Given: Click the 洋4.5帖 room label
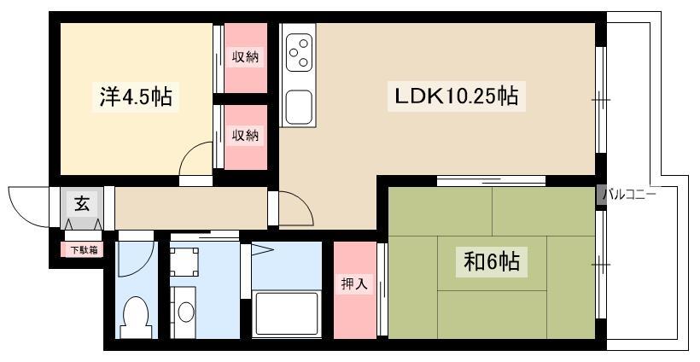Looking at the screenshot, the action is coord(136,96).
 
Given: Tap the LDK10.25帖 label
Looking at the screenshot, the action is coord(456,96).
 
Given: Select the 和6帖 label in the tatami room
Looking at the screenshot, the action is coord(492,261).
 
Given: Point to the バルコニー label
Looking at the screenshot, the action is coord(629,195).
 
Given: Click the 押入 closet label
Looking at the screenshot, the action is coord(354,283).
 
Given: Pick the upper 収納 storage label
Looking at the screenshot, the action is coord(245,56).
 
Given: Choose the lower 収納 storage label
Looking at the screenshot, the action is coord(245,134).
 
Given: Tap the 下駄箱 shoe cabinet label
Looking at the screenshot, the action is coord(84,250).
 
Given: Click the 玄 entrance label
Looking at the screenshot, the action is coord(82,204).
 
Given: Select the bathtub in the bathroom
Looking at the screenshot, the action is coord(286,314).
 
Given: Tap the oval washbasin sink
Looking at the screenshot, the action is coord(186,312).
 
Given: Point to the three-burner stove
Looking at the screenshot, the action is coord(299,52).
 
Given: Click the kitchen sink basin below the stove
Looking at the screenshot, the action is coord(298,107).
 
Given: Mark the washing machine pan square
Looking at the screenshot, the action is coord(184,262).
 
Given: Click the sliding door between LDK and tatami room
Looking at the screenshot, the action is coord(491,181).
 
